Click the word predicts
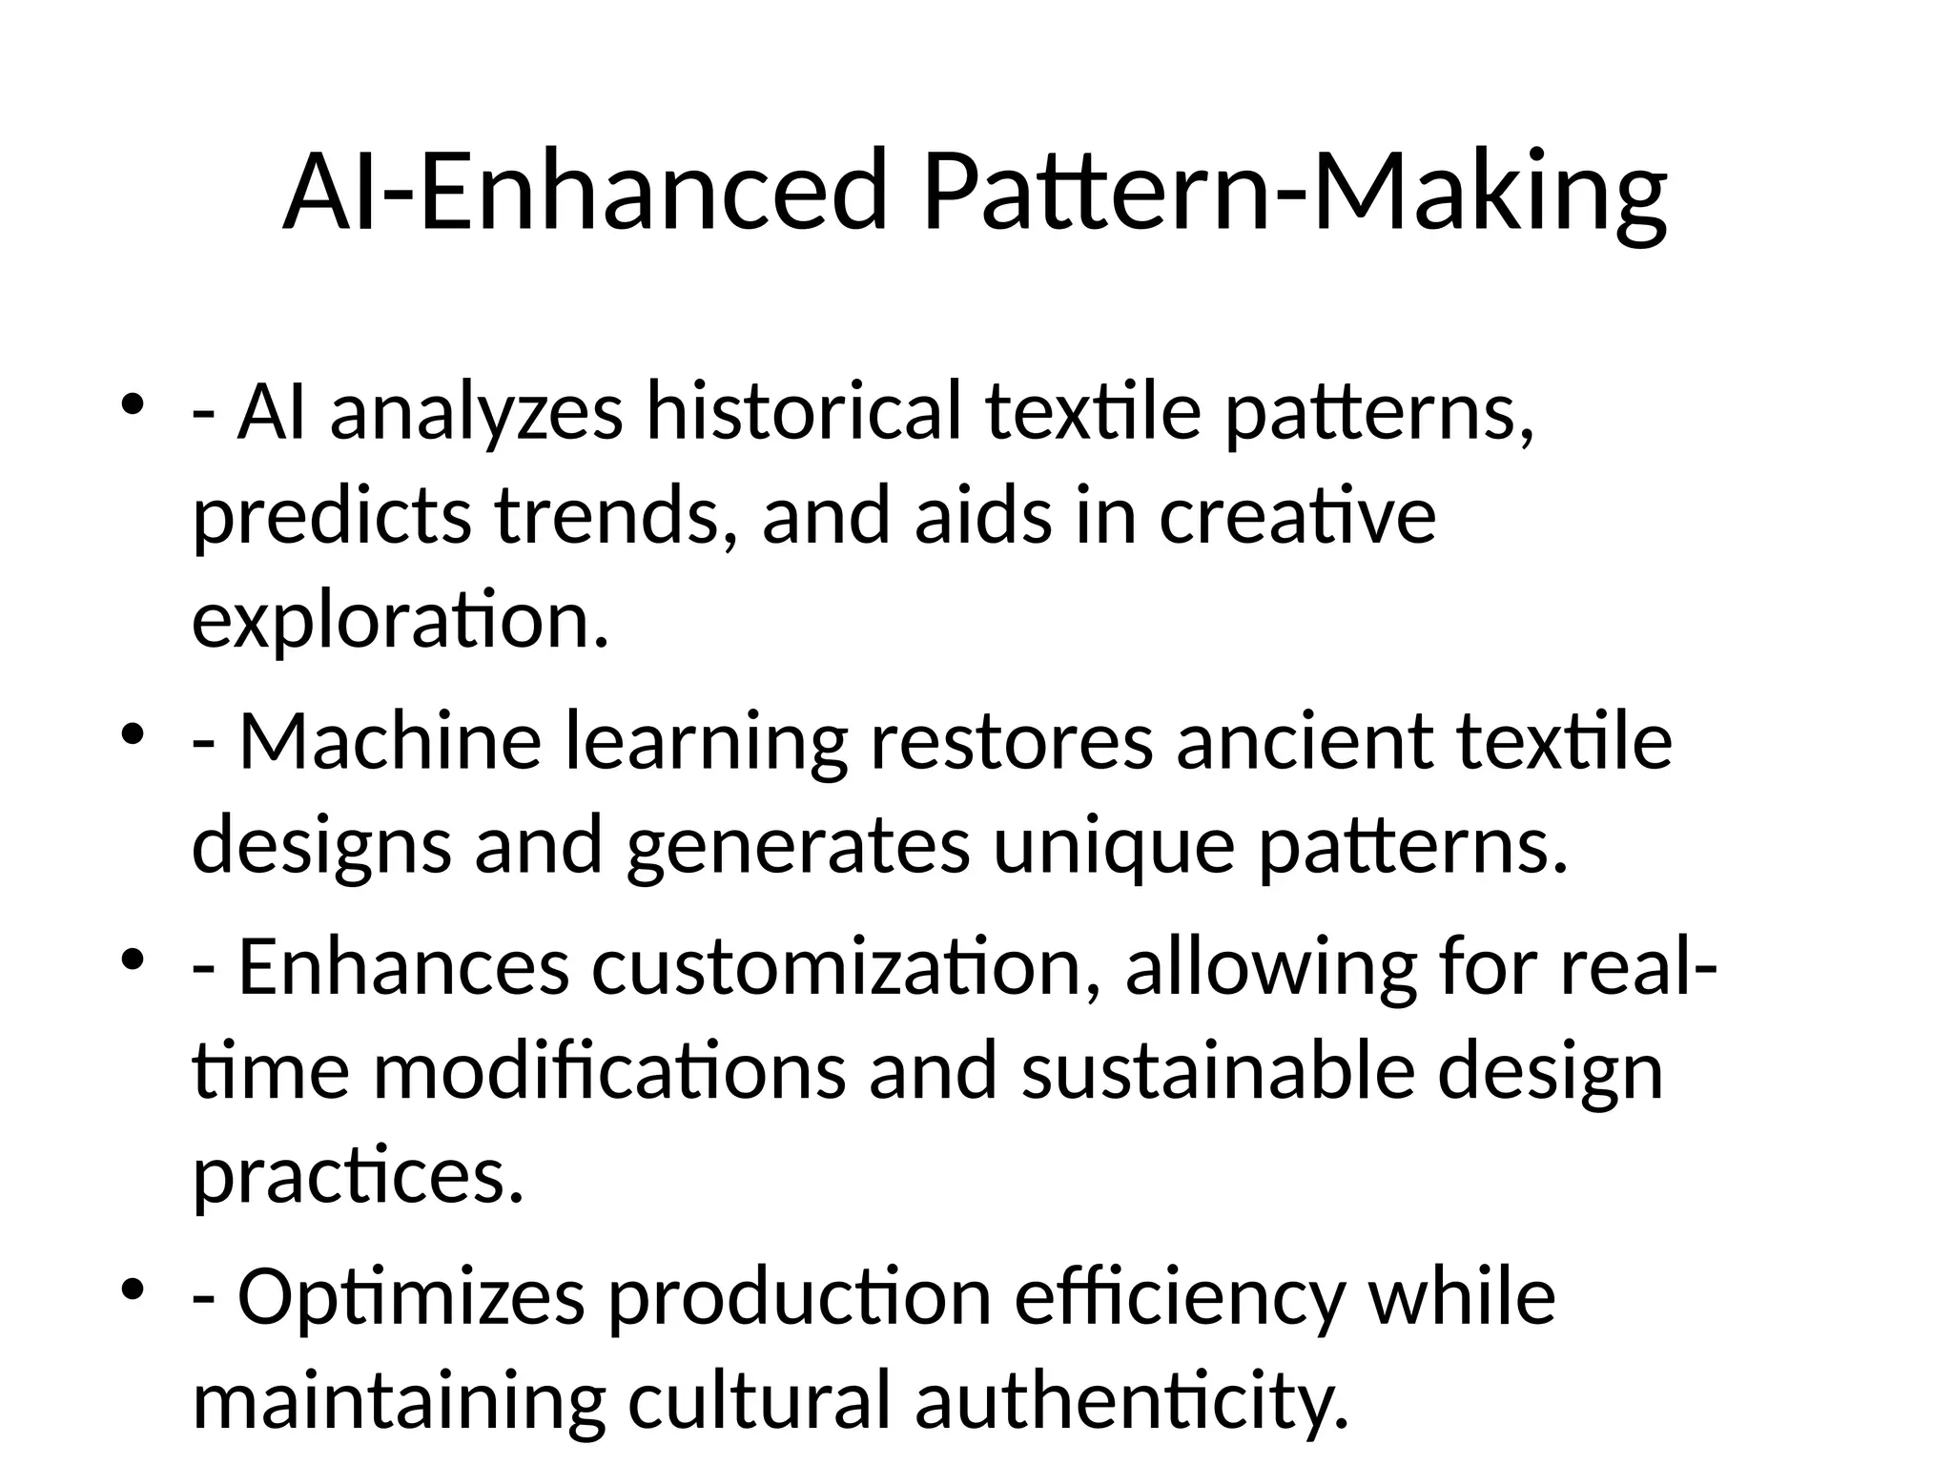(332, 517)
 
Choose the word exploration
(400, 622)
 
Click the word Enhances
(403, 967)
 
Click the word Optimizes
(411, 1299)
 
